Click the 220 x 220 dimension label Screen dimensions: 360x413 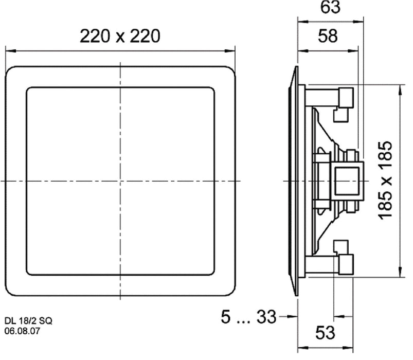(x=120, y=37)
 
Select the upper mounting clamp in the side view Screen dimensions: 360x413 (x=343, y=102)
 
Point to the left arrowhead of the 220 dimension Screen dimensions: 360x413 (x=8, y=50)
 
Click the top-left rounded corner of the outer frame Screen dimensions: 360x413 (x=11, y=71)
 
